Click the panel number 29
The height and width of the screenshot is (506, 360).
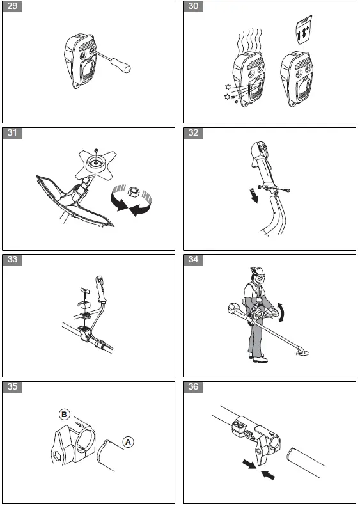[12, 6]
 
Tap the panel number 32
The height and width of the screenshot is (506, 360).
[193, 133]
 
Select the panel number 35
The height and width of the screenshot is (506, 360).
[12, 386]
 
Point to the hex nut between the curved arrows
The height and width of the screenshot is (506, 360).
[132, 191]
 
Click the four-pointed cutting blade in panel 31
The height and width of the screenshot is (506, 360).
[95, 164]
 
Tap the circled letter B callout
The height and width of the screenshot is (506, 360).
[64, 415]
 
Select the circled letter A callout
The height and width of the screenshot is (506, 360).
[128, 442]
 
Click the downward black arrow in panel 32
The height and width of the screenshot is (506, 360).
[254, 196]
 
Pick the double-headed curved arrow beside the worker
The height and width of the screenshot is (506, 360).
[282, 312]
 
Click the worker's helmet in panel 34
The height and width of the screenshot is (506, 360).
[257, 271]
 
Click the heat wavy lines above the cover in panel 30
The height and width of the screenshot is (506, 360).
[249, 41]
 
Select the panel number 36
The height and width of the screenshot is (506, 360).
[193, 386]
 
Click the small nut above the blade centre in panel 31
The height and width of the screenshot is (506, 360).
[96, 150]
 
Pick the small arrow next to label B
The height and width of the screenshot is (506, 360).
[79, 422]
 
